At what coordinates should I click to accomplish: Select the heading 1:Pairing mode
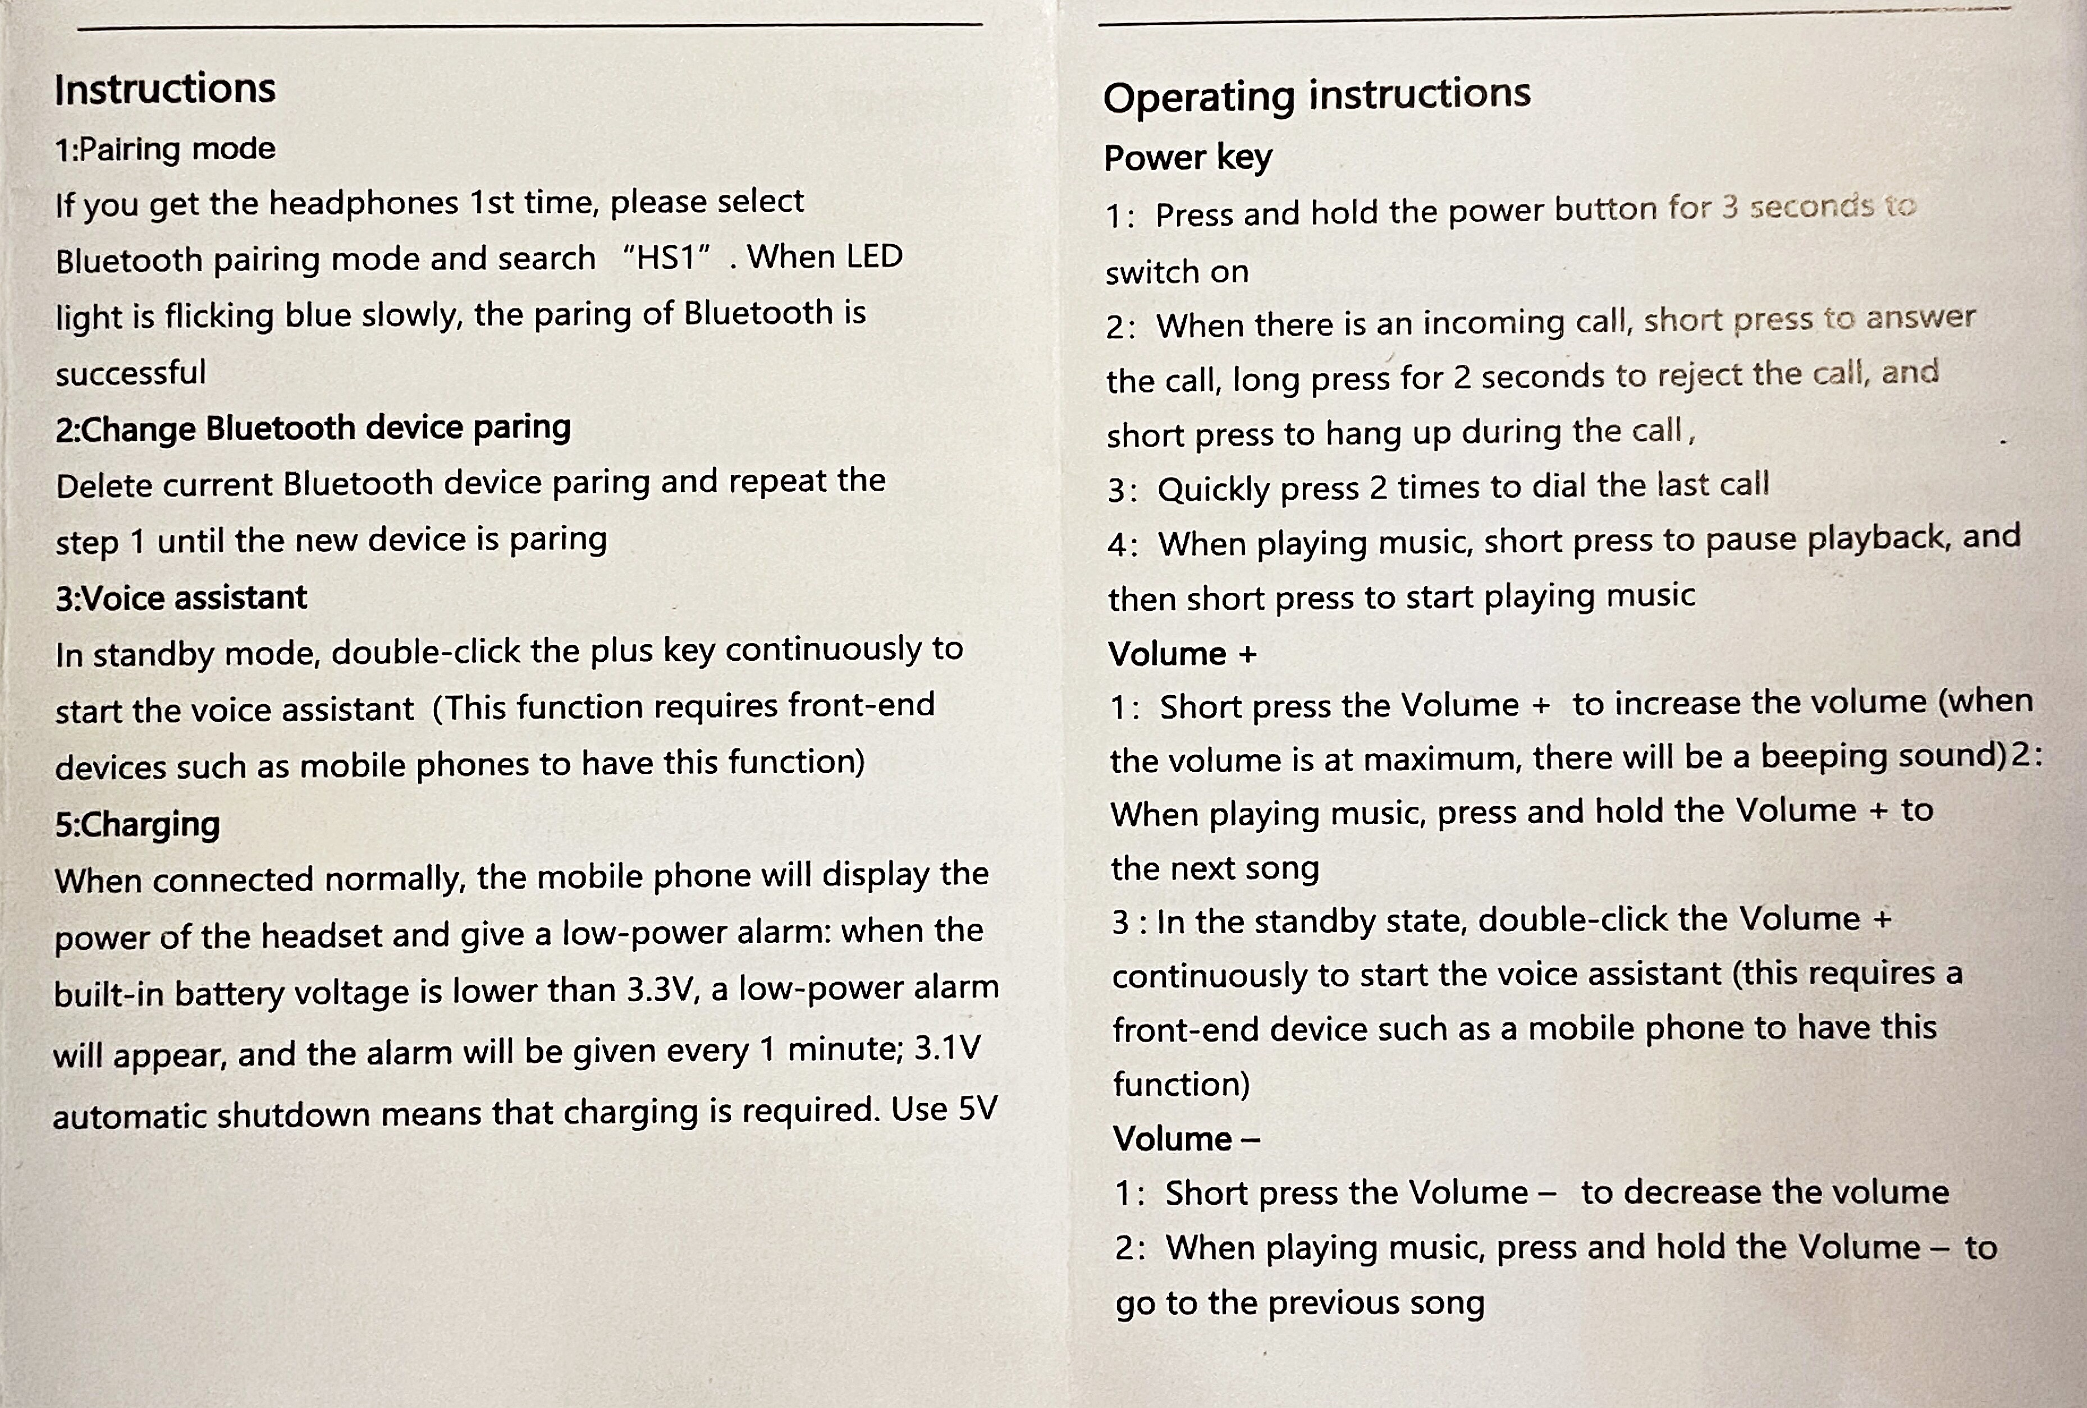165,149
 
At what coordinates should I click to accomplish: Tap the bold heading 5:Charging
138,824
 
